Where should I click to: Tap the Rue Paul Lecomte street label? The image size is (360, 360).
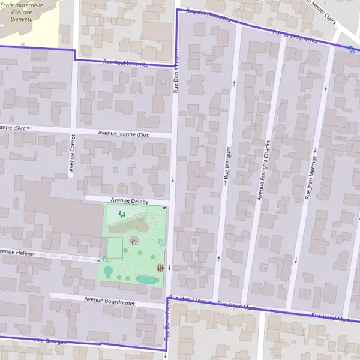tap(125, 62)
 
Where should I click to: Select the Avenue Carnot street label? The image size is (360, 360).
tap(72, 153)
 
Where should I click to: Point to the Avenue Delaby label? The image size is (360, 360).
tap(129, 202)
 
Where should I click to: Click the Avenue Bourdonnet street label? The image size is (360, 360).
tap(109, 301)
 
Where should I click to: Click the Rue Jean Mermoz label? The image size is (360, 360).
tap(311, 178)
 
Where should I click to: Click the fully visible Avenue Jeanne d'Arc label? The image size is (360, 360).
tap(123, 134)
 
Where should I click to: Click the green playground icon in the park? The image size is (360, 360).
tap(122, 214)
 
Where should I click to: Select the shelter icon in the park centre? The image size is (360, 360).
tap(133, 241)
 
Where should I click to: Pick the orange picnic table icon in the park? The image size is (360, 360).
tap(160, 268)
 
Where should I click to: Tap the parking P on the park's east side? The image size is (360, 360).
tap(160, 242)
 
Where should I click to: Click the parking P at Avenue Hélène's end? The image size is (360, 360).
tap(105, 259)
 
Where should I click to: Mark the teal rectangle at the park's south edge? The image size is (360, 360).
tap(146, 280)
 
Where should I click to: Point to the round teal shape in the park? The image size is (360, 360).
tap(109, 271)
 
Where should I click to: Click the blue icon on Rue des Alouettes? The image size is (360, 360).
tap(350, 49)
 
